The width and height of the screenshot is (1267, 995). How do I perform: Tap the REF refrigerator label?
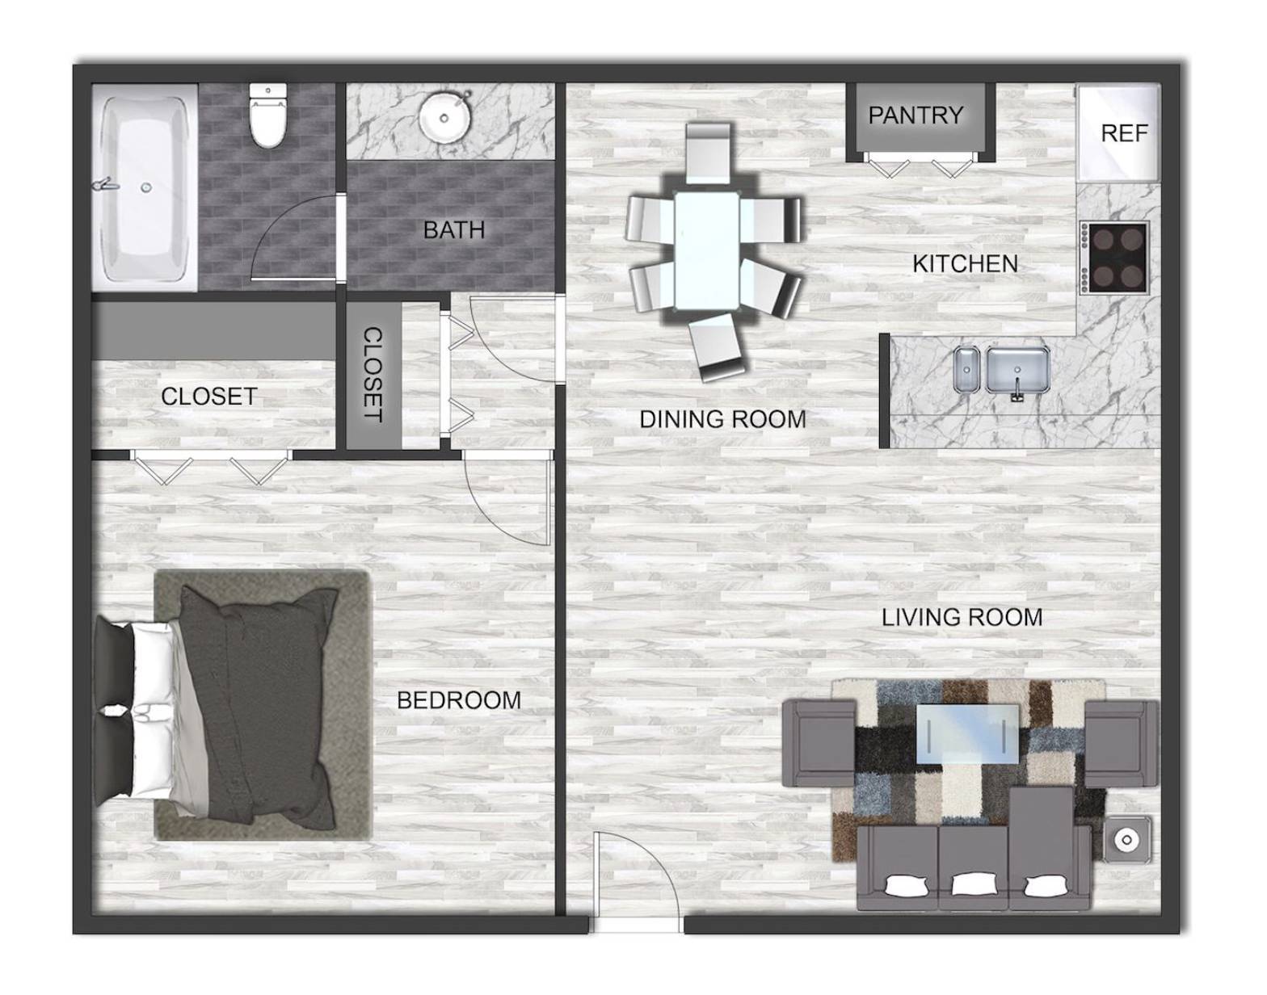[1124, 133]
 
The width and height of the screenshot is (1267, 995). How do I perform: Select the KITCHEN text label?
[965, 264]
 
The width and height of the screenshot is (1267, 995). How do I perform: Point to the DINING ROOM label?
[722, 419]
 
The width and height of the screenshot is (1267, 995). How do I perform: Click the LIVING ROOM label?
[962, 618]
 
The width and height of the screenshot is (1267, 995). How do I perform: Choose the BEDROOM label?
[459, 700]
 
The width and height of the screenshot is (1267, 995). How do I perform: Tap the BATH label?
[453, 230]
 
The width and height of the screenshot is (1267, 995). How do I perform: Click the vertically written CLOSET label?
[373, 375]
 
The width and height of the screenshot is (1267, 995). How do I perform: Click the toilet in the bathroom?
[268, 115]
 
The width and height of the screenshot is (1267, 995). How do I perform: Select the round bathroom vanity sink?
[444, 118]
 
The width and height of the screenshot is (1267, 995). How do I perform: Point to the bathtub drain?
[146, 187]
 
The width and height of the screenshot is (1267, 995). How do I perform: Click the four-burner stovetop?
[1115, 258]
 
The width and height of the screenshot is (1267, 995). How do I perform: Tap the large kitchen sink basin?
[1018, 370]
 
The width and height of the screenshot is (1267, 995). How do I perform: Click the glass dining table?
[707, 250]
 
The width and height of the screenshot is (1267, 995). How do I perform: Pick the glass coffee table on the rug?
[967, 734]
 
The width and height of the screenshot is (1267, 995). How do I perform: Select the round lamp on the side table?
[1127, 839]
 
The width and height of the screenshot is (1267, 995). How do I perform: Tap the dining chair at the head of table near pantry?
[708, 153]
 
